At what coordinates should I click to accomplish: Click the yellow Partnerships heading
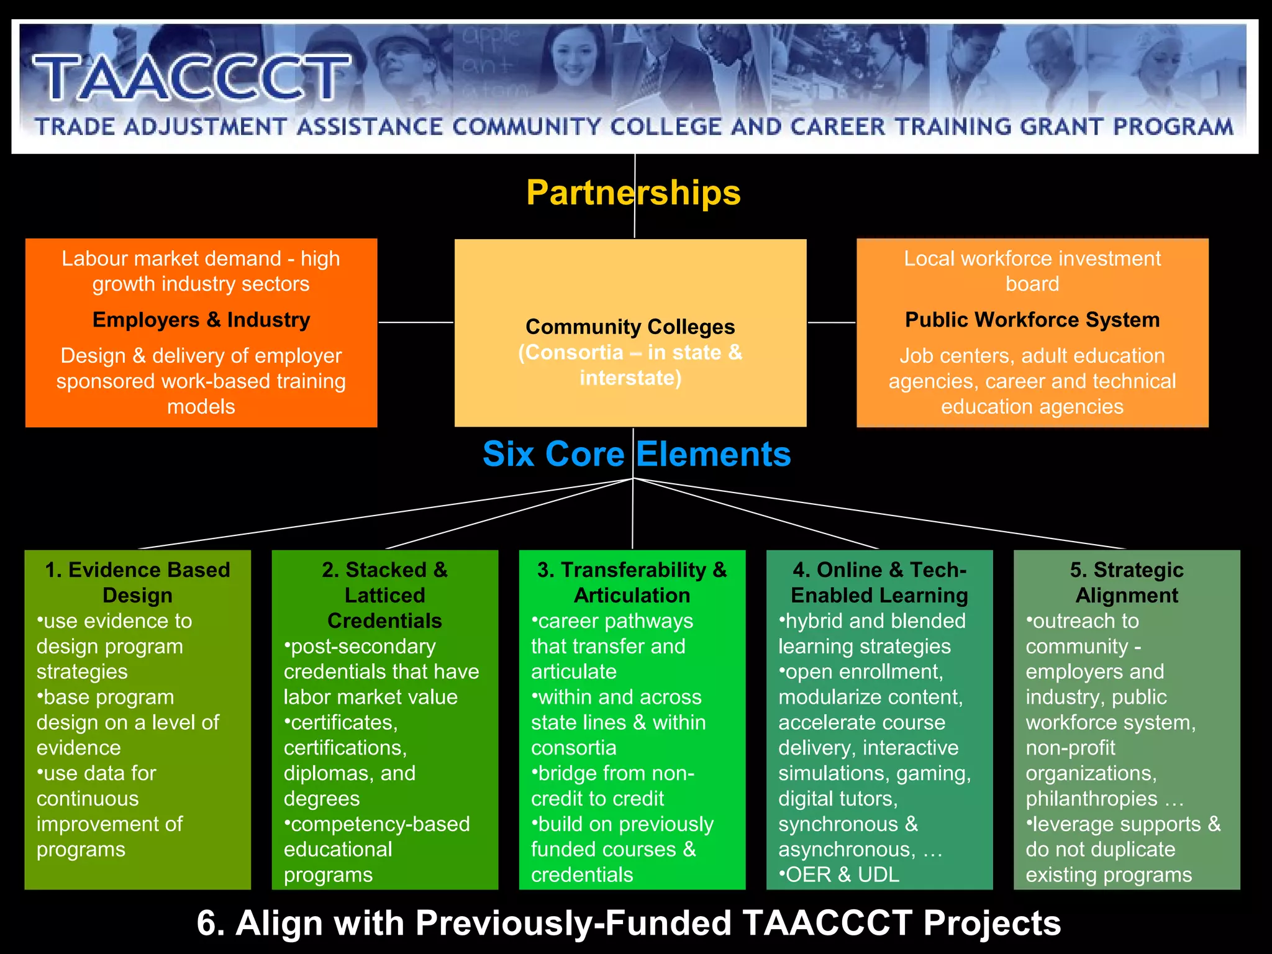click(633, 193)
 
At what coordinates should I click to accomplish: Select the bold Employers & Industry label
click(201, 320)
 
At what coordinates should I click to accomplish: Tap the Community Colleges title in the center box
click(630, 327)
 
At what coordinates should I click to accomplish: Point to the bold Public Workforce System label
click(1032, 320)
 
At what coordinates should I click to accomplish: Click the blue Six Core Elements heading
click(637, 454)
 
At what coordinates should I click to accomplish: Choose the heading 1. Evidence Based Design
click(137, 583)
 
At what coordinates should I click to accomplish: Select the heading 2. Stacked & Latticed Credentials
click(384, 595)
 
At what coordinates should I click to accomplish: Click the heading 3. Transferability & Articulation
click(632, 583)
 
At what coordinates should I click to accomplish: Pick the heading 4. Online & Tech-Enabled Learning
click(879, 583)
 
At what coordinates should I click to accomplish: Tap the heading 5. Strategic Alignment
click(1126, 583)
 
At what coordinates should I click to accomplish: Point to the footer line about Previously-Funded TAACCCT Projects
click(629, 923)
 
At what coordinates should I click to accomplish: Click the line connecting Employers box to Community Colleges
click(416, 322)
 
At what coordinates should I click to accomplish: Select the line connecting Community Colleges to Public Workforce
click(831, 322)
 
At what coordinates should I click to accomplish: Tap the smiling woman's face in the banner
click(572, 59)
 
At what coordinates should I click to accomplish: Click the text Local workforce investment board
click(1032, 271)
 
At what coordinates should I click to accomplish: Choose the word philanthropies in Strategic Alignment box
click(1091, 799)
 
